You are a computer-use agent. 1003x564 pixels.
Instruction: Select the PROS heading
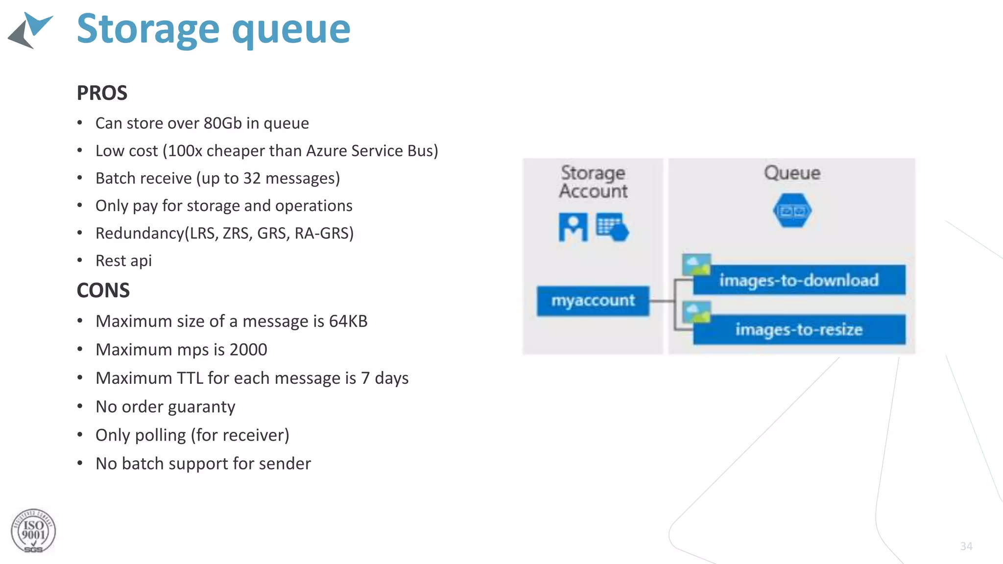pyautogui.click(x=102, y=93)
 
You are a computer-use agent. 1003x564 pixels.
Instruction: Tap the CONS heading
pyautogui.click(x=103, y=290)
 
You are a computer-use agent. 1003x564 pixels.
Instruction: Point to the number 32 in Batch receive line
pyautogui.click(x=252, y=178)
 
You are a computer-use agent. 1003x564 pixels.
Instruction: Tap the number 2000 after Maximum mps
pyautogui.click(x=248, y=350)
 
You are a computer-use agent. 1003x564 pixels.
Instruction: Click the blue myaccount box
pyautogui.click(x=593, y=301)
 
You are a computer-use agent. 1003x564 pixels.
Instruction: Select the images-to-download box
pyautogui.click(x=799, y=280)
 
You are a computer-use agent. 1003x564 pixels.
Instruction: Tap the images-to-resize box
pyautogui.click(x=799, y=329)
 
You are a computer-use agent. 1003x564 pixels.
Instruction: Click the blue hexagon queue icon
pyautogui.click(x=792, y=211)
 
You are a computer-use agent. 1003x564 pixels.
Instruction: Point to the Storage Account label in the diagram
pyautogui.click(x=593, y=182)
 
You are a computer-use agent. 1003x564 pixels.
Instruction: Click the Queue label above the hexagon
pyautogui.click(x=792, y=173)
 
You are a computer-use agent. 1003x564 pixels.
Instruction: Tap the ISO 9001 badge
pyautogui.click(x=33, y=531)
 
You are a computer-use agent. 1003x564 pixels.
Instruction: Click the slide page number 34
pyautogui.click(x=966, y=546)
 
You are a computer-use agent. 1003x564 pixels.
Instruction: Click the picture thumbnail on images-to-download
pyautogui.click(x=696, y=265)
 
